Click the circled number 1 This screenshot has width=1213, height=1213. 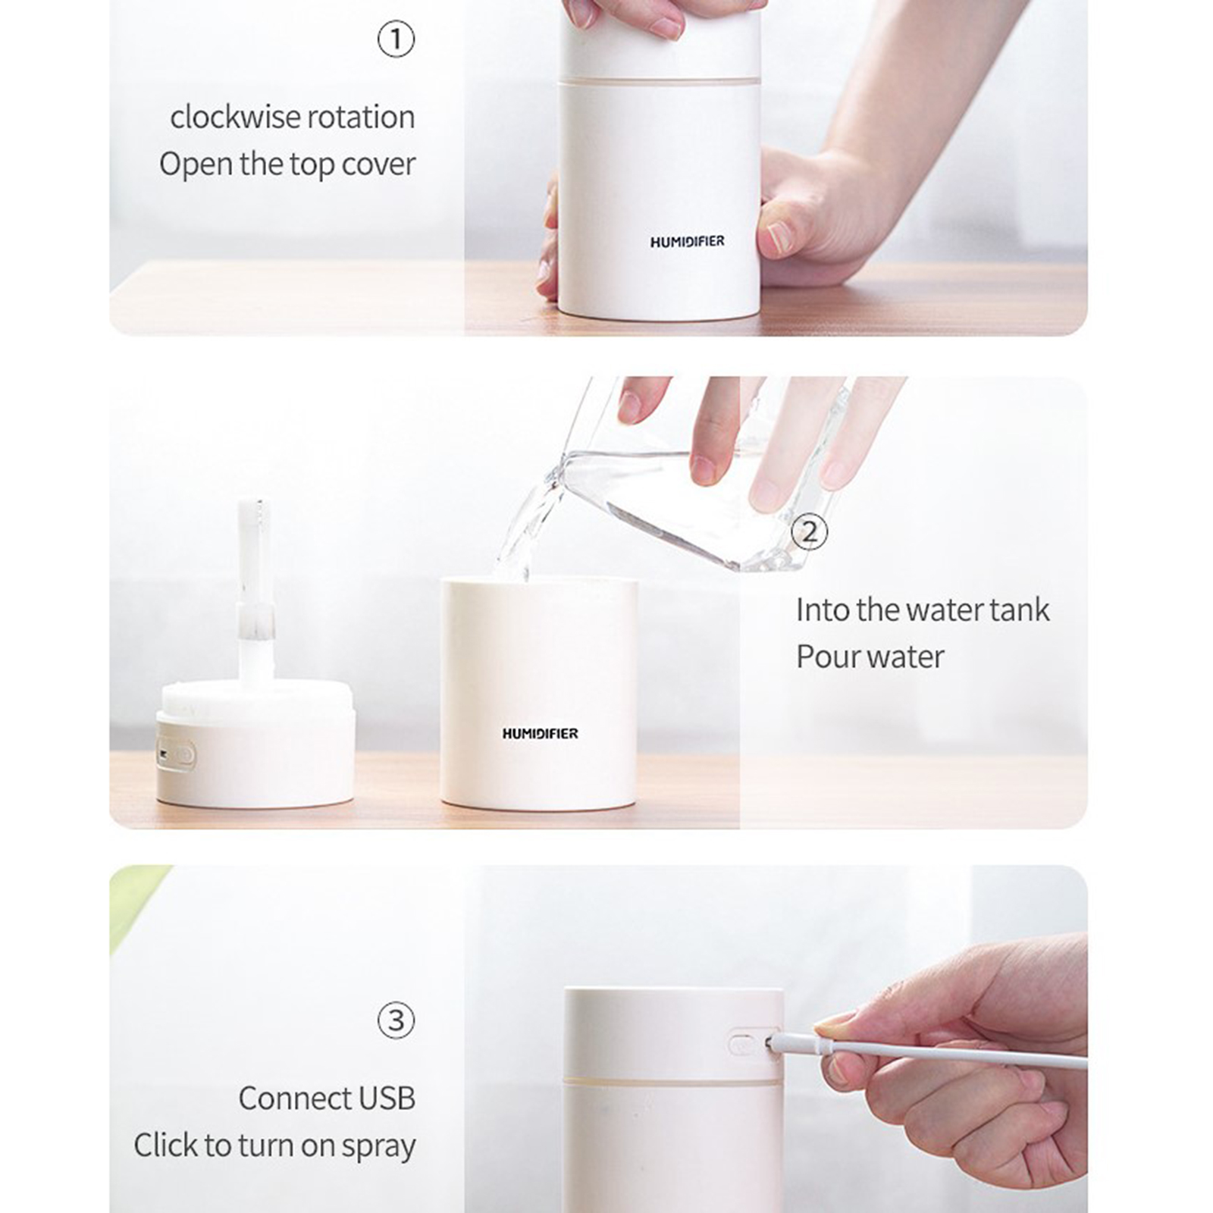(x=396, y=39)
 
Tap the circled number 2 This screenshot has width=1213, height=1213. (x=810, y=531)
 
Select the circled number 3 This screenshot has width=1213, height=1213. (x=396, y=1020)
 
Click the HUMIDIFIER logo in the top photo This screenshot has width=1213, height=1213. (x=687, y=242)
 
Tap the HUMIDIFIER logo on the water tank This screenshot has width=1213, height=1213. (x=540, y=733)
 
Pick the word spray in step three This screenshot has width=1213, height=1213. (x=378, y=1147)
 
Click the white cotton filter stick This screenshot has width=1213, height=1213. (x=255, y=591)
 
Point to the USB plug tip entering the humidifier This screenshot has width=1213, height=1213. (x=771, y=1043)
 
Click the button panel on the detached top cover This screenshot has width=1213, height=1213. (x=177, y=756)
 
